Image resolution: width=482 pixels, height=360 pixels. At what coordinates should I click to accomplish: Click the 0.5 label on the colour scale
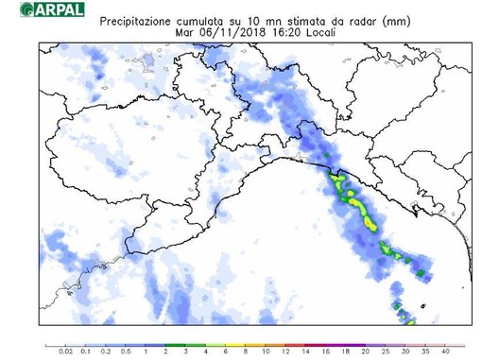click(125, 351)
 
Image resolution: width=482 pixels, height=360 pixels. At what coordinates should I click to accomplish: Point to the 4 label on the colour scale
click(185, 351)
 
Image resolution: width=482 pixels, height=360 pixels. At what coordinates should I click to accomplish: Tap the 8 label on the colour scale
click(225, 351)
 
